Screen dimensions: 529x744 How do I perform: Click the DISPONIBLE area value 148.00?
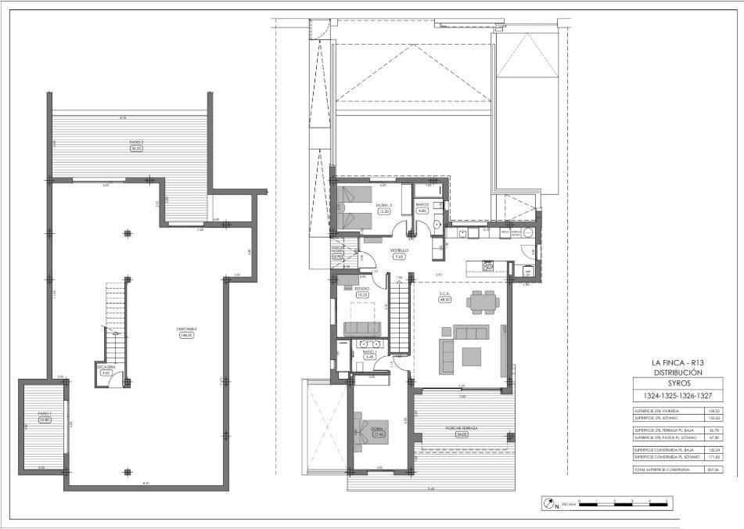click(186, 335)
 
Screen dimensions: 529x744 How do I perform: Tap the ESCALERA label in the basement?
click(106, 366)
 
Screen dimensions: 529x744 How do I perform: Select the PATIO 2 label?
click(137, 142)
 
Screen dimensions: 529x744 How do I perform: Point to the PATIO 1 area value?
click(45, 419)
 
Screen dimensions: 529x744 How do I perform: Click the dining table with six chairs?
click(480, 300)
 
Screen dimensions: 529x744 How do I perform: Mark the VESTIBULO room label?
click(400, 250)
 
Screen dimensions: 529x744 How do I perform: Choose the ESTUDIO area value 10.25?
click(362, 295)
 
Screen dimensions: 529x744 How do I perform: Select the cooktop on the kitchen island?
click(488, 266)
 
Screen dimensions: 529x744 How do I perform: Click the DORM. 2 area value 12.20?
click(383, 211)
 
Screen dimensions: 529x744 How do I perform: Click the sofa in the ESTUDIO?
click(362, 327)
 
